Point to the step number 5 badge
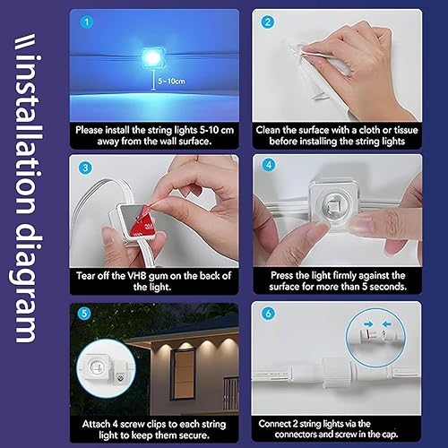(85, 314)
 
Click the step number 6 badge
(266, 314)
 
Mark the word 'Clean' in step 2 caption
(272, 128)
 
